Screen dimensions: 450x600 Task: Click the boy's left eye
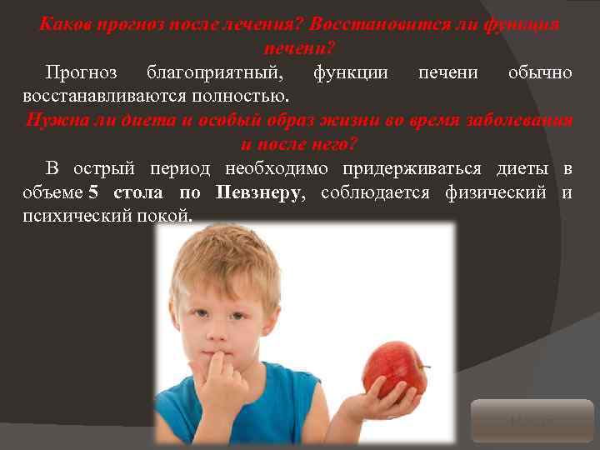tap(242, 316)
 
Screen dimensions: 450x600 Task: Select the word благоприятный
tap(218, 72)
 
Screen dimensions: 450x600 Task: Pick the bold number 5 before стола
tap(93, 193)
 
